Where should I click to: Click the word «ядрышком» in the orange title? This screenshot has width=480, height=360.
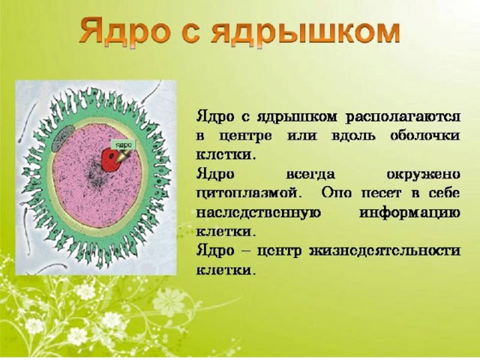(x=305, y=32)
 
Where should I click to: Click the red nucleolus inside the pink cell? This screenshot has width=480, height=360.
(x=111, y=159)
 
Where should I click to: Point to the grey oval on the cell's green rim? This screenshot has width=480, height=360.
(x=62, y=139)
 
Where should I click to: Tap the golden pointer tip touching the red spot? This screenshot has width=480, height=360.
(x=118, y=158)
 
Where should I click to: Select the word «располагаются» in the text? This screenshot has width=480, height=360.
(x=403, y=117)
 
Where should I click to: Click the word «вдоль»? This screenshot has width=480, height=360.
(x=353, y=136)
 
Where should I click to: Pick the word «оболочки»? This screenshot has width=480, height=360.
(x=425, y=136)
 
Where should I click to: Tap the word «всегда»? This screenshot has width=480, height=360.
(x=310, y=175)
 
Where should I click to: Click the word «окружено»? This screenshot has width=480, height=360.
(x=423, y=175)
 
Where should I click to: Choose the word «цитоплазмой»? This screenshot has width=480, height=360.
(x=247, y=194)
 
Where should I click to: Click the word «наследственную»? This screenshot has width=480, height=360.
(x=258, y=213)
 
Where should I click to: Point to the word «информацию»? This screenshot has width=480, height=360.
(x=409, y=213)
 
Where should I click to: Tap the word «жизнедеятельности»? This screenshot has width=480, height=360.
(x=385, y=251)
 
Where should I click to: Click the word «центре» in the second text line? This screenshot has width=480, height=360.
(x=245, y=136)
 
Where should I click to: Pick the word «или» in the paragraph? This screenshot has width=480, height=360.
(x=301, y=136)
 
